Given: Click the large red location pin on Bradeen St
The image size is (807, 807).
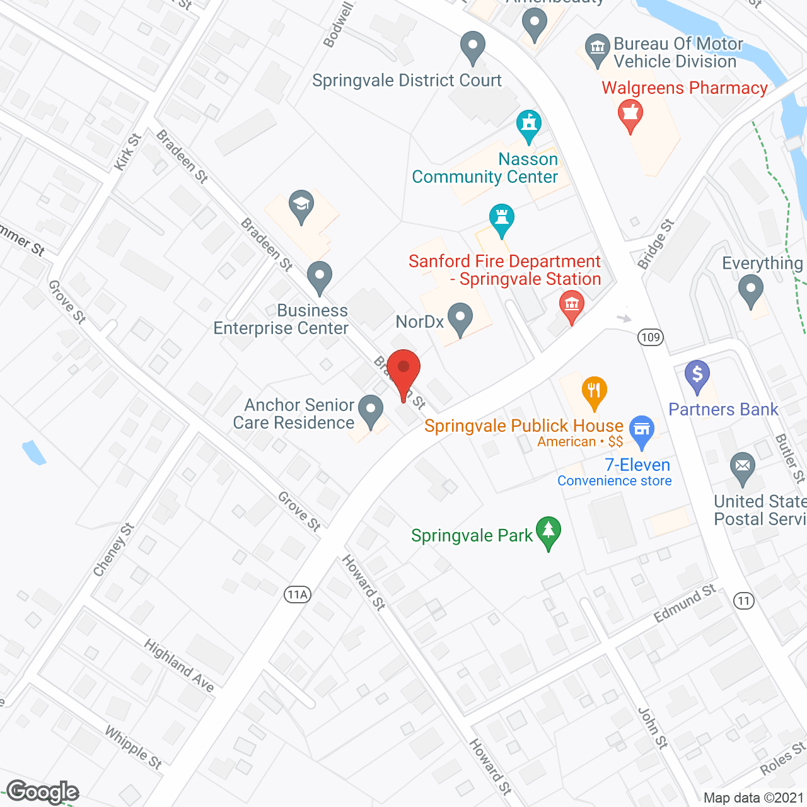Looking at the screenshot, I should pos(403,372).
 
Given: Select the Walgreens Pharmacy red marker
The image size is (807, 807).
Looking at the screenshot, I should pos(630,116).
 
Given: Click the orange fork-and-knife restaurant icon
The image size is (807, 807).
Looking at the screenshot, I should pos(594,392).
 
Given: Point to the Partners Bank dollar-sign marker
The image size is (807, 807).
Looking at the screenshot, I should pos(697,376).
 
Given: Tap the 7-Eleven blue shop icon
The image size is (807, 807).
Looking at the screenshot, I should pos(641,431).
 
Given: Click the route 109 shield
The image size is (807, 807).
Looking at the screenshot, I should pos(650,337).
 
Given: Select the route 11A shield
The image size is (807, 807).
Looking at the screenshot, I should pos(298,594).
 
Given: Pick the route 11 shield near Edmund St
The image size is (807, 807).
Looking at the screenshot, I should pos(744,600).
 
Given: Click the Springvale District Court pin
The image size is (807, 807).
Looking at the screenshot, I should pos(472,47).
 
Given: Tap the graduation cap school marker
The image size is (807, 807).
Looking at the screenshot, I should pos(301,205).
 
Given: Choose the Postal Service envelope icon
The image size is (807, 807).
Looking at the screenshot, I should pos(743,468).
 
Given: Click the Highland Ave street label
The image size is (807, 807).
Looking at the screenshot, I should pos(179,665).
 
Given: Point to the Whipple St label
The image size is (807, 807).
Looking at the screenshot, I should pos(134,748).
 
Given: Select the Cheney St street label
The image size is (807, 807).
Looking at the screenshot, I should pos(113,550).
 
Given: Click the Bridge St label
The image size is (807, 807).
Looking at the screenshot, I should pos(656,244).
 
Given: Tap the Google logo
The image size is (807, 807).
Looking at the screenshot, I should pos(43,792).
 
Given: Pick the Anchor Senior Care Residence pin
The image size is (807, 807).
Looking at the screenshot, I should pos(371,410).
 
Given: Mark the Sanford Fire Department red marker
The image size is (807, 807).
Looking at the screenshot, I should pos(571,305).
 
